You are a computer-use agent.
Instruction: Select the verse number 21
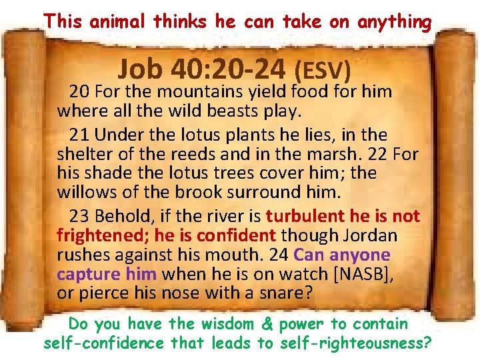pos(79,134)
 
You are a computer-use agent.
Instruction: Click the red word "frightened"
pos(103,235)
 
